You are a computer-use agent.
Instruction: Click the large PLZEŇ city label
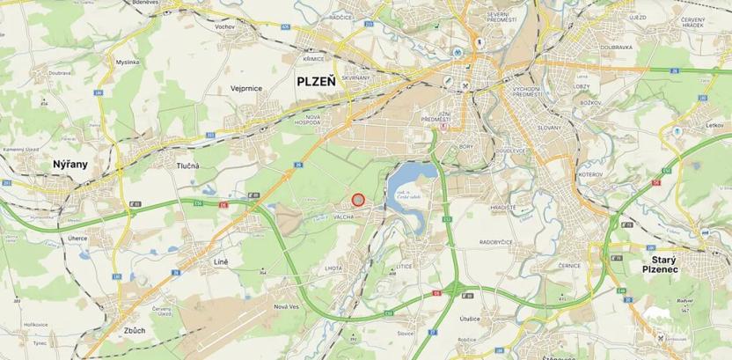click(315, 81)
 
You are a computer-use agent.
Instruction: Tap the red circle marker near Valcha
click(358, 201)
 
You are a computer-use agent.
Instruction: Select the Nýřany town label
click(70, 164)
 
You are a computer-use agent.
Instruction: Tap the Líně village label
click(221, 262)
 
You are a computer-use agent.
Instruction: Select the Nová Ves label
click(286, 306)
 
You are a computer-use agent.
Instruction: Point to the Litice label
click(404, 265)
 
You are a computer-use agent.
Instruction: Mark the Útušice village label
click(469, 318)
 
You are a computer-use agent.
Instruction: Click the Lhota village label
click(333, 267)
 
